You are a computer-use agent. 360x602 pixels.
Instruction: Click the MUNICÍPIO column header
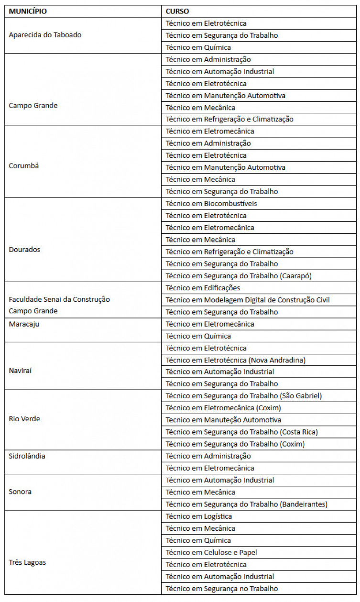coord(28,11)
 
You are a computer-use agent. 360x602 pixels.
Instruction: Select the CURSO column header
coord(177,11)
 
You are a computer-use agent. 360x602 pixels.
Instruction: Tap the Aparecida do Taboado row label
coord(45,35)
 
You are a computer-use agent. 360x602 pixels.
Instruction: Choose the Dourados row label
coord(24,250)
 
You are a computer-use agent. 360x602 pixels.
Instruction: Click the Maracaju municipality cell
coord(24,324)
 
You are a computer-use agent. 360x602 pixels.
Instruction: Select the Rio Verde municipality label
coord(24,419)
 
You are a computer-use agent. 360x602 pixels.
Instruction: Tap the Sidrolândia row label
coord(27,456)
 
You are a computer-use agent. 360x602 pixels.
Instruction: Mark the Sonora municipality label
coord(20,492)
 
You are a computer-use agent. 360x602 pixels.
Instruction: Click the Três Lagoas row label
coord(27,562)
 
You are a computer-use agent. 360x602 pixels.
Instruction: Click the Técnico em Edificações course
coord(203,288)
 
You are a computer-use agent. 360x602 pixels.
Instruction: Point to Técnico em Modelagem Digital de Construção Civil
coord(248,300)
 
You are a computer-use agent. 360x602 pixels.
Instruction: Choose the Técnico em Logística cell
coord(198,516)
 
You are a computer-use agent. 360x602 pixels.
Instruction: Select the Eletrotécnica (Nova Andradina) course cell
coord(236,360)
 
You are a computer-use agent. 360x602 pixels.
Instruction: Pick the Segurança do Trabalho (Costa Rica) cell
coord(241,432)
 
